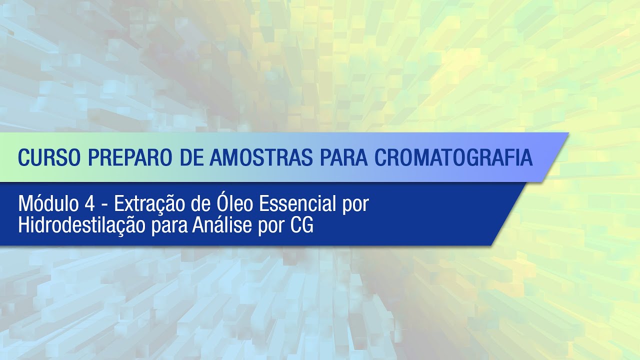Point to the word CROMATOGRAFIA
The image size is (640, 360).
click(453, 157)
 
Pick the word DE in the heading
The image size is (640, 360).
click(192, 157)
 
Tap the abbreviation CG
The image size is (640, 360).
click(302, 226)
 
